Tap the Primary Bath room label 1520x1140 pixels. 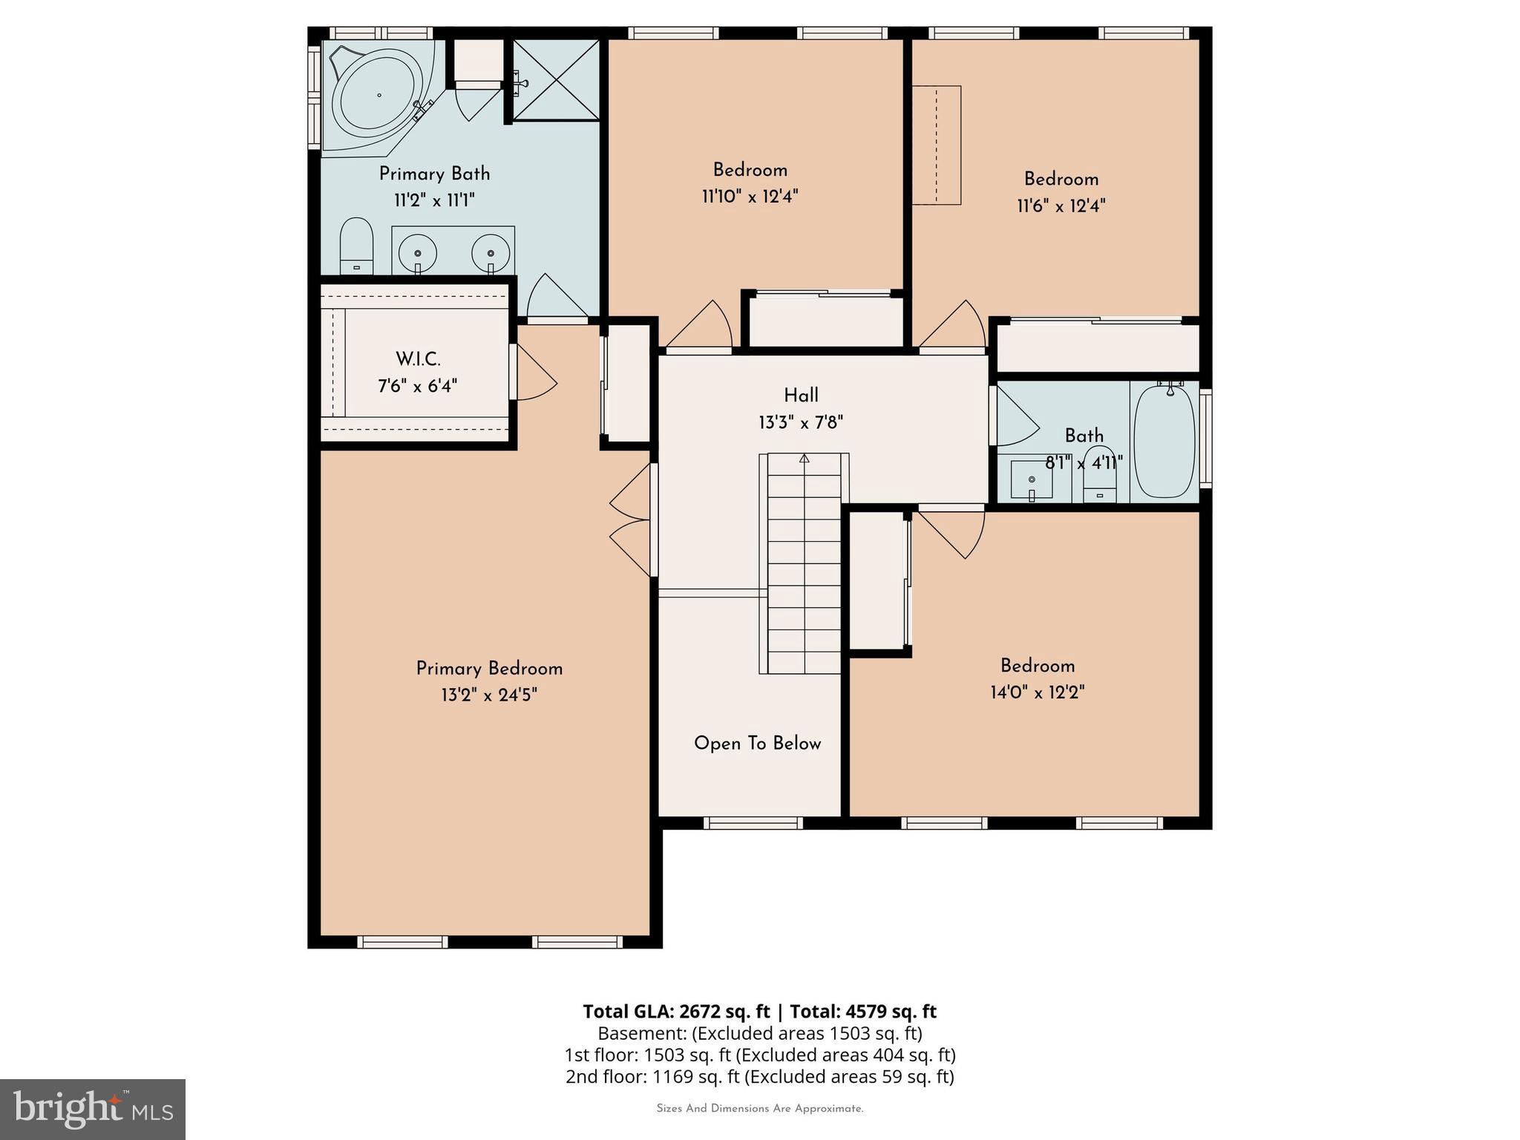434,174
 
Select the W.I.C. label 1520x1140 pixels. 418,359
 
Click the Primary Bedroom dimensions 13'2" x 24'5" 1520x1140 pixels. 488,695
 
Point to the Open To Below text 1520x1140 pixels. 757,744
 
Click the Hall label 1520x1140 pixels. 801,396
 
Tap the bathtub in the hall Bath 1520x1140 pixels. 1164,441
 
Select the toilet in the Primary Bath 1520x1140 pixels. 356,246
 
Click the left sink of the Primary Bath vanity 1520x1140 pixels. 418,252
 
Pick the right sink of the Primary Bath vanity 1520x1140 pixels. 491,252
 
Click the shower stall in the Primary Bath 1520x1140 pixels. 556,79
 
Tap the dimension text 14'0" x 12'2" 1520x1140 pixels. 1037,692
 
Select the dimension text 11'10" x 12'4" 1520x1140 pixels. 750,197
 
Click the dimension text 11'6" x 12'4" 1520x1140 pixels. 1061,206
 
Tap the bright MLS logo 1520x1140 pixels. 93,1109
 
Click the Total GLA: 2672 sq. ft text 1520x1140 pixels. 677,1012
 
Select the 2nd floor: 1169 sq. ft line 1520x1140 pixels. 760,1076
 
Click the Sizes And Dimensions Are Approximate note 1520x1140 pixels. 760,1109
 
